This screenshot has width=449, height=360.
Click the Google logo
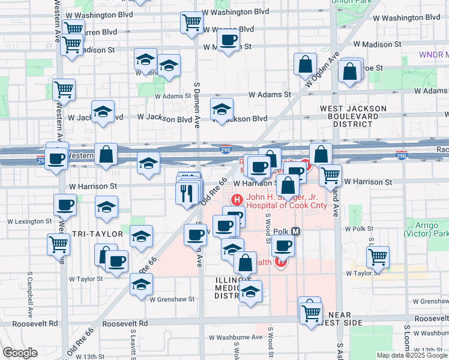point(20,353)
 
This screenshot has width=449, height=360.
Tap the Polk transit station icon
point(295,232)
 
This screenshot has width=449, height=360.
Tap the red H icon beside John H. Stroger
point(237,199)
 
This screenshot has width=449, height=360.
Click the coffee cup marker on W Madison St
point(228,41)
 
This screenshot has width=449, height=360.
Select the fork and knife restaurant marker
point(187,193)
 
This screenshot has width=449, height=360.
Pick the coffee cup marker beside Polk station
point(283,245)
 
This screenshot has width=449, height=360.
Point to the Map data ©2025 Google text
point(411,355)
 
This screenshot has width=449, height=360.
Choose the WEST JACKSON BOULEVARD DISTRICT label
point(353,116)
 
